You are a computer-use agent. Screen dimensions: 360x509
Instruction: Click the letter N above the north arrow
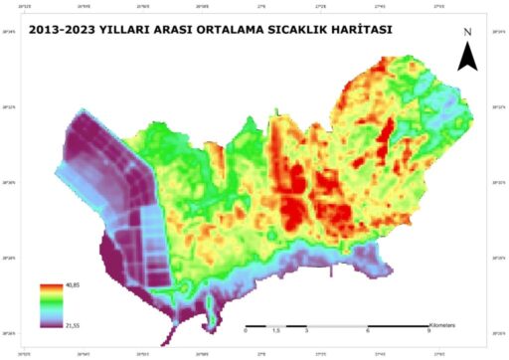pos(467,33)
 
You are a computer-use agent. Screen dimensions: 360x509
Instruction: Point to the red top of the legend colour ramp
pos(50,288)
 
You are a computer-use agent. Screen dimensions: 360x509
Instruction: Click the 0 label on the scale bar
pos(246,331)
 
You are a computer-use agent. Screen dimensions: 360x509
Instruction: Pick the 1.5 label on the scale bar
pos(275,331)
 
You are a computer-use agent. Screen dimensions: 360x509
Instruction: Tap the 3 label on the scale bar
pos(306,331)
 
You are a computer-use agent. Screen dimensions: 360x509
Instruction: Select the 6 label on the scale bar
pos(368,331)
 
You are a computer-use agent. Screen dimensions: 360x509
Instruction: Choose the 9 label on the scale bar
pos(428,331)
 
